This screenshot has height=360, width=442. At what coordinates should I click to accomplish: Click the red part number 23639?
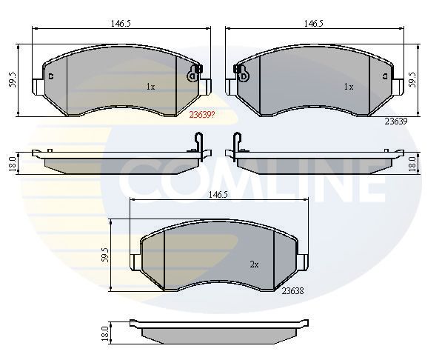tap(202, 115)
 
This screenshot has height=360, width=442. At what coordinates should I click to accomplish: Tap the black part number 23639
tap(396, 121)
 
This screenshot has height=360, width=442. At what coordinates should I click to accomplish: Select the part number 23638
tap(293, 291)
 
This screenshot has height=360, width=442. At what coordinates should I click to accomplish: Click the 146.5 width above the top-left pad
tap(121, 24)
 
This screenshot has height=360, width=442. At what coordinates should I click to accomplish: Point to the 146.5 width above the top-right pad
tap(313, 24)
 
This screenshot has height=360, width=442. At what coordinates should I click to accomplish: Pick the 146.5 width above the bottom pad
tap(218, 195)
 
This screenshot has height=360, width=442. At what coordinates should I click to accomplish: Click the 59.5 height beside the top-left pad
tap(13, 80)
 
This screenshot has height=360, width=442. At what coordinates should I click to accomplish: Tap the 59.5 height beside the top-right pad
tap(412, 79)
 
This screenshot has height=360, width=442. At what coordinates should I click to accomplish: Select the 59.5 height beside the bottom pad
tap(105, 255)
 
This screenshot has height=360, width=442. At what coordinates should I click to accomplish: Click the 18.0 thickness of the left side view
tap(12, 164)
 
